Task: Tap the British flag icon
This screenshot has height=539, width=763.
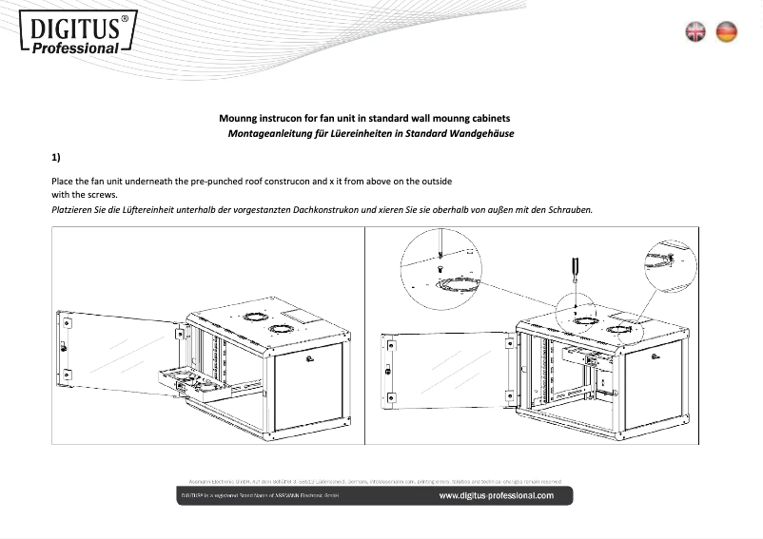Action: point(696,31)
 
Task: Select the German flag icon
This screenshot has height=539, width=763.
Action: point(727,31)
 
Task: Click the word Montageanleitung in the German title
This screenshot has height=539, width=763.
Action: point(265,133)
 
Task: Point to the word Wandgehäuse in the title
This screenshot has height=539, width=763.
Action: point(482,133)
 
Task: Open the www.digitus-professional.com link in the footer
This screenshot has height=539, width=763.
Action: point(496,495)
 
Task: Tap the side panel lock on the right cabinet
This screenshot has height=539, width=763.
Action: point(655,355)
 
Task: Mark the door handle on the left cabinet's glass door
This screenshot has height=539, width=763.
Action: point(64,347)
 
